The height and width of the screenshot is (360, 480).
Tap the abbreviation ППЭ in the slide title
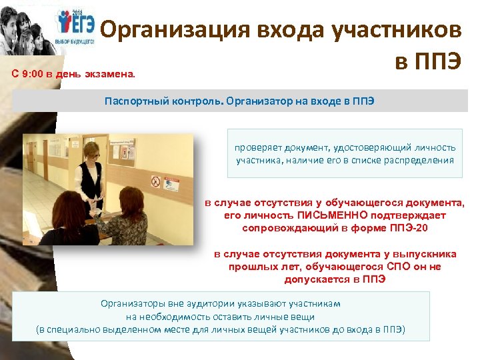coord(436,63)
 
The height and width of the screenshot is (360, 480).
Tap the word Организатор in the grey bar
coord(256,101)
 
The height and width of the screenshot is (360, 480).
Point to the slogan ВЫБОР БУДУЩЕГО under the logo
coord(75,40)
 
